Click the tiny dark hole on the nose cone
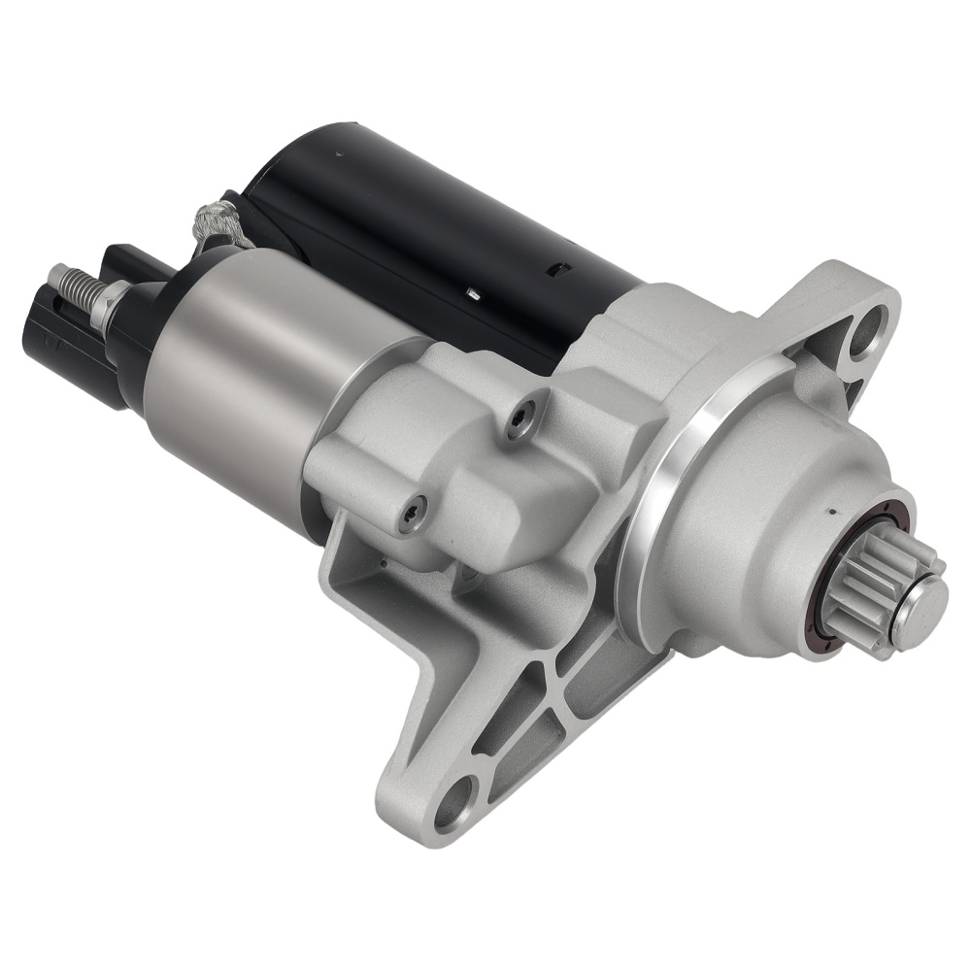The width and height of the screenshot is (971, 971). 832,507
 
